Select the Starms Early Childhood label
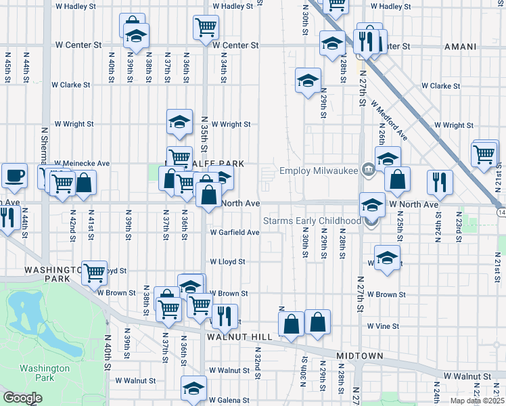point(311,221)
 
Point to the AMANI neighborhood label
point(460,47)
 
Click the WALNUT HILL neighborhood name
point(233,336)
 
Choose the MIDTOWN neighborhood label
point(361,356)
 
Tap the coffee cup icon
point(14,176)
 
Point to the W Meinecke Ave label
point(82,164)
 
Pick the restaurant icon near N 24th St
point(440,181)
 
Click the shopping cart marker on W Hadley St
point(206,27)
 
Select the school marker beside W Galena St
point(193,388)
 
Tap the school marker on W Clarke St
point(308,80)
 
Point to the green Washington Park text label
point(45,373)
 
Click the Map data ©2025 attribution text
point(478,401)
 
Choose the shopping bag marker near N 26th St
point(398,179)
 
